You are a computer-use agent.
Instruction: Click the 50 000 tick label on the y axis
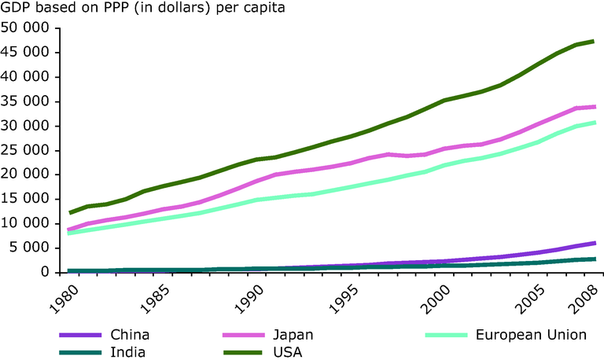pos(25,28)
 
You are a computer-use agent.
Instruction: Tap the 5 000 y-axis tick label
pos(30,248)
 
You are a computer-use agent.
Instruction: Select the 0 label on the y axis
pos(46,272)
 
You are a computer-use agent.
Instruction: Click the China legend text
pos(131,335)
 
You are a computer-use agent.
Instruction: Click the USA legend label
pos(289,351)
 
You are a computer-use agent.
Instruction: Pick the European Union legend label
pos(532,335)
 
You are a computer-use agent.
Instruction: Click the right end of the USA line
pos(593,41)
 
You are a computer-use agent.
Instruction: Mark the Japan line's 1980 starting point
pos(70,230)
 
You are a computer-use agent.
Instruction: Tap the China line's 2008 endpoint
pos(593,244)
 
